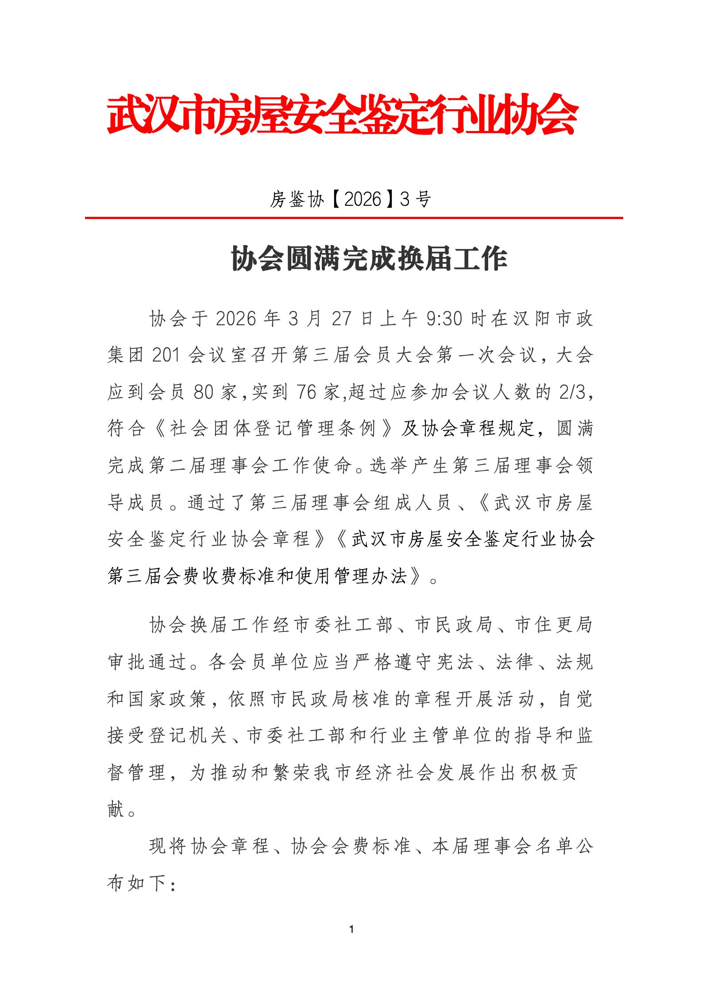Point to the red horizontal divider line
coord(354,218)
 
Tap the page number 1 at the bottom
coord(351,929)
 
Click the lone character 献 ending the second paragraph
coord(116,809)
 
